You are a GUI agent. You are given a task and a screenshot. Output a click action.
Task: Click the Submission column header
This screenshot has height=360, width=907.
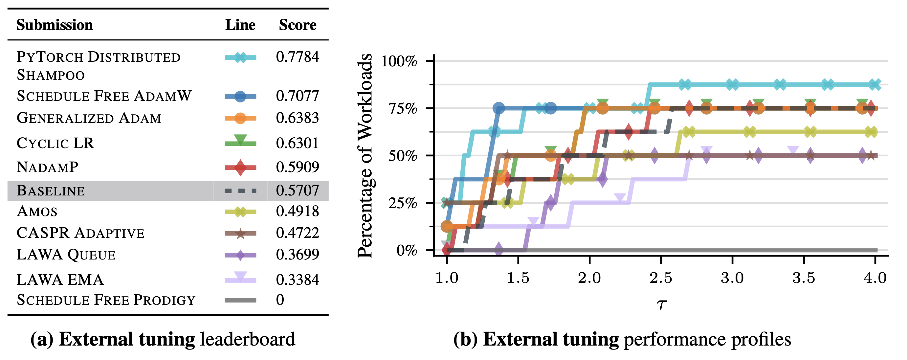tap(55, 25)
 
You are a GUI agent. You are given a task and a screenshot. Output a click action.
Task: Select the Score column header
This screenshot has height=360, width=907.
tap(298, 25)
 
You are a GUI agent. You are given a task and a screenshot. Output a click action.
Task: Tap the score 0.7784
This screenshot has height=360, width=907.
tap(298, 57)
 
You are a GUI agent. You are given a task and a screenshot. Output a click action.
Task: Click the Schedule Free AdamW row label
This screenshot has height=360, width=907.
tap(104, 96)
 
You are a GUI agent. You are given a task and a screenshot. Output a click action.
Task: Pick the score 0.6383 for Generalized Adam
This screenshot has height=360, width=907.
tap(298, 118)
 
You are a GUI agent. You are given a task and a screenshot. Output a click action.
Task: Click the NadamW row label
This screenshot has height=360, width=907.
tap(48, 167)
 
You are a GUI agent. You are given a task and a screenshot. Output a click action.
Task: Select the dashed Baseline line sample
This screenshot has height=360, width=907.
tap(240, 191)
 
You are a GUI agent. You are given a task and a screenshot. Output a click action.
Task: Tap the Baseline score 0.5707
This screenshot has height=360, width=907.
tap(298, 191)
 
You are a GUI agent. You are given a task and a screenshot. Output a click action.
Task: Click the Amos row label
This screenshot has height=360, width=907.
tap(37, 211)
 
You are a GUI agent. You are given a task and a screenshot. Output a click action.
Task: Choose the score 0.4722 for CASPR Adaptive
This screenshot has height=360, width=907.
tap(298, 233)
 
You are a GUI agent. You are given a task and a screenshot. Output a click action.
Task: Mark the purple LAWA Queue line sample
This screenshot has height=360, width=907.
tap(240, 255)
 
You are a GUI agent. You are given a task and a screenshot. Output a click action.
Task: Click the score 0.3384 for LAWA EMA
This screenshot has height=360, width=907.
tap(298, 280)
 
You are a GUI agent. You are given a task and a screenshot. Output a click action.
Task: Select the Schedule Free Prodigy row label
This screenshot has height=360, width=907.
tap(106, 300)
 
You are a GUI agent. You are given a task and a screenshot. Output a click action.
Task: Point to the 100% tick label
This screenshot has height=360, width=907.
tap(399, 61)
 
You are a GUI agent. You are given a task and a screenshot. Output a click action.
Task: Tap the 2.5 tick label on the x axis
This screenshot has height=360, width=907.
tap(661, 278)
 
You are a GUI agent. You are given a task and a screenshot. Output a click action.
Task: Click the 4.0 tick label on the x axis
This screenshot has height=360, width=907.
tap(875, 278)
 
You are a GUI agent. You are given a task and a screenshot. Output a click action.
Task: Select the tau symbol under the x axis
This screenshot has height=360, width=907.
tap(662, 304)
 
